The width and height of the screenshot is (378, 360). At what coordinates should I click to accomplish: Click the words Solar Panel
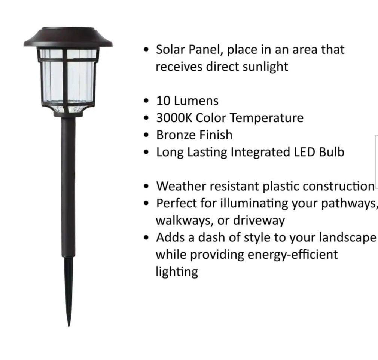188,50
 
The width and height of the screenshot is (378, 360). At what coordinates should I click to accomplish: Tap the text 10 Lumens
187,101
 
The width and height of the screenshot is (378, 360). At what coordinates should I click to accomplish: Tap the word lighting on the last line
177,272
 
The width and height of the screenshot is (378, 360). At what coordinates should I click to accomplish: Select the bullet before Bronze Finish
147,135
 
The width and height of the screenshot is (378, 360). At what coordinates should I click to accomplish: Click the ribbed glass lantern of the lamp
68,80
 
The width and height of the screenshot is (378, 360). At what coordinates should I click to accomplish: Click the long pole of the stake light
68,187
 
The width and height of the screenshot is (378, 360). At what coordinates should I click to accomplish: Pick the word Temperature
266,118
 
